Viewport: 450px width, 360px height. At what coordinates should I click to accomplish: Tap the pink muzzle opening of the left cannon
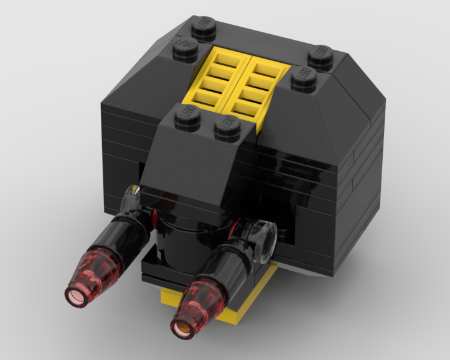click(x=76, y=295)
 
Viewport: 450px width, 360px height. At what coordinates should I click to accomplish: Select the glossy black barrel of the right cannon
click(x=230, y=261)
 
